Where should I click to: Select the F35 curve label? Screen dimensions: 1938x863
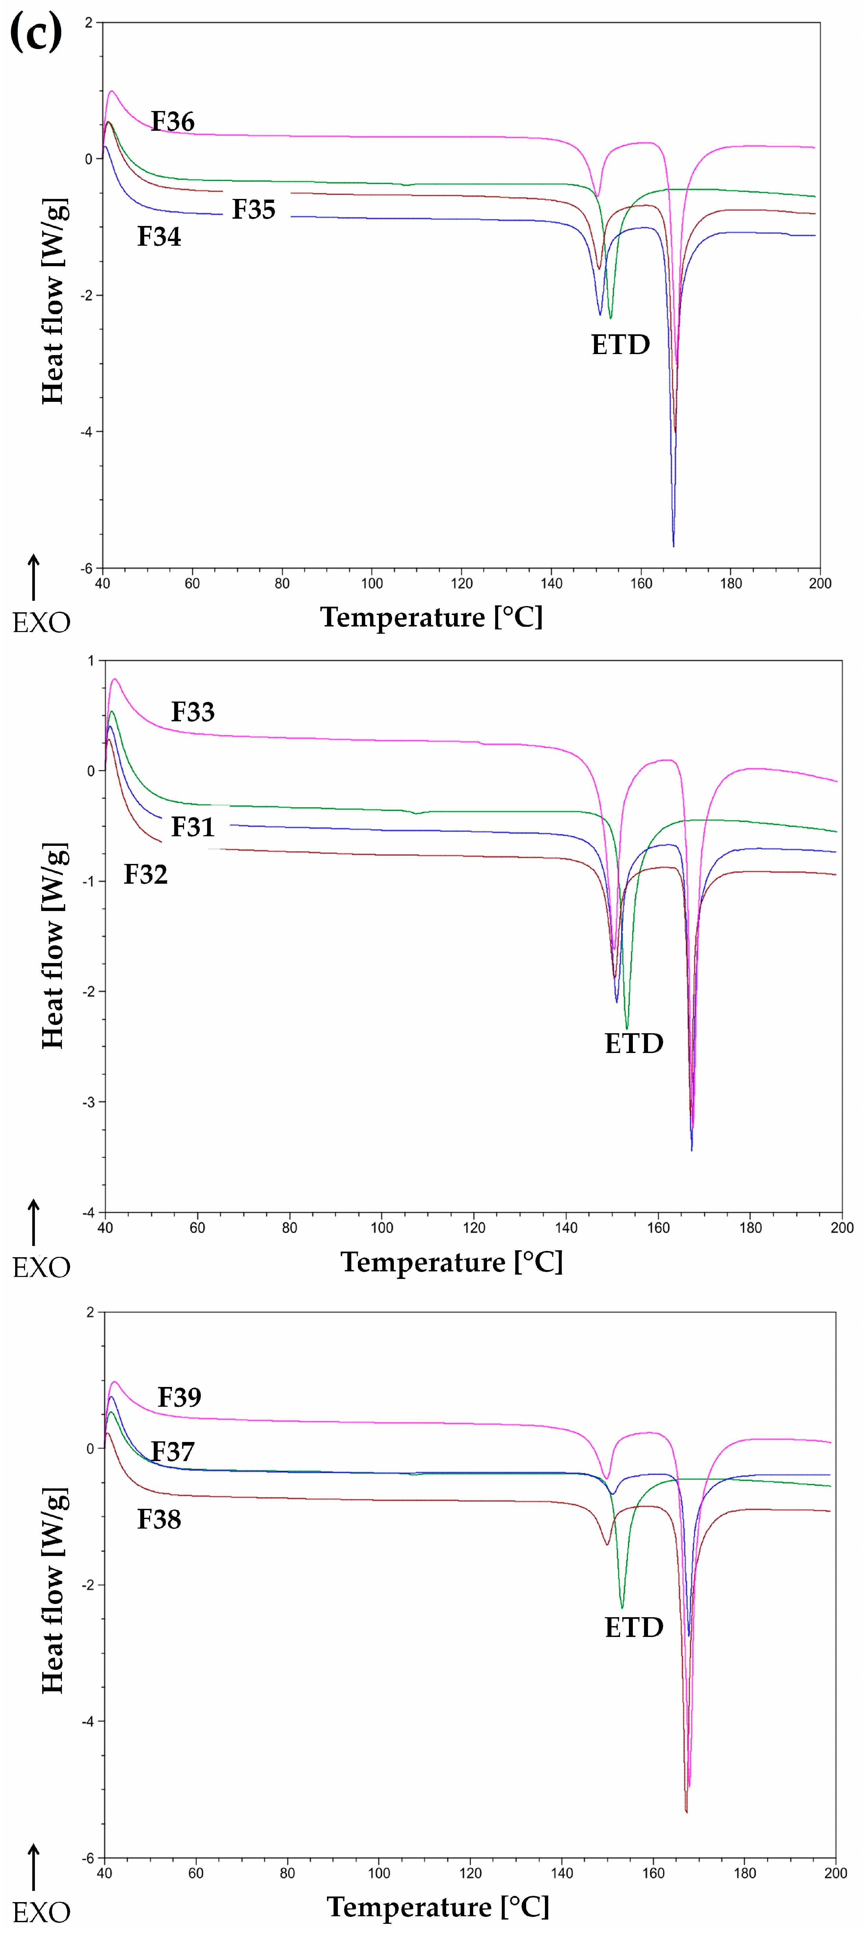pos(254,209)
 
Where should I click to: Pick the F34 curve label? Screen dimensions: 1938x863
pos(159,236)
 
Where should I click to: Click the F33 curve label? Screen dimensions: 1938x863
pos(193,712)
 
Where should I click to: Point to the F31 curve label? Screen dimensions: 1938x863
pos(193,827)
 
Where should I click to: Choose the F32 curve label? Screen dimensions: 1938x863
pos(145,874)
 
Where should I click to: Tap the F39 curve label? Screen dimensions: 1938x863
pos(179,1397)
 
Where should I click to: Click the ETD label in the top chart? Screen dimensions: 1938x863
pos(620,345)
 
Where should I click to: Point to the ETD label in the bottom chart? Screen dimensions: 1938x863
pos(634,1627)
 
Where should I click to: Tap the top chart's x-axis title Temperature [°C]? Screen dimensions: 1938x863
pos(431,617)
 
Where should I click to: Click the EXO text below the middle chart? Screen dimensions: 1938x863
pos(41,1268)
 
